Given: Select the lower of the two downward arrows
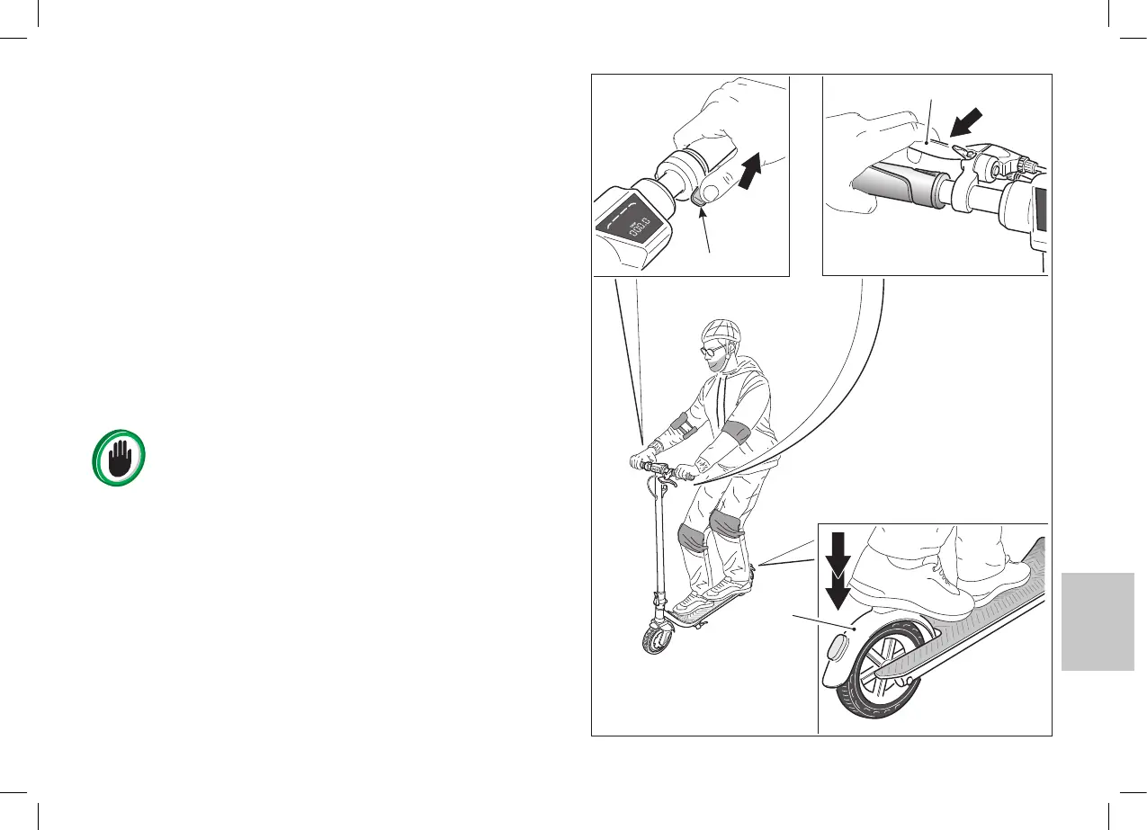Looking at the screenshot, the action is [x=838, y=588].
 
